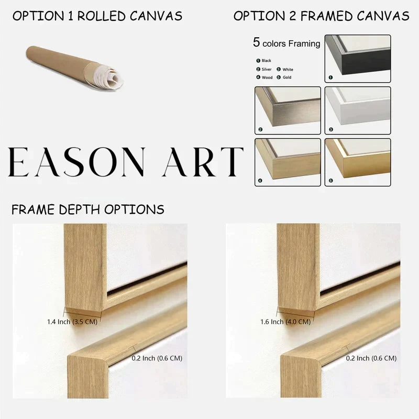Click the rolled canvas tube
coord(74,68)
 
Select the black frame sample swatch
coord(358,59)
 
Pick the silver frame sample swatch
coord(288,111)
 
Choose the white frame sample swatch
coord(358,111)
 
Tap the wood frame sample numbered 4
coord(288,162)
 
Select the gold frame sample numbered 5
coord(358,162)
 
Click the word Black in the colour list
coord(267,61)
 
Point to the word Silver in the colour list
coord(267,69)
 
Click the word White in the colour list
coord(288,70)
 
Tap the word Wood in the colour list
coord(267,78)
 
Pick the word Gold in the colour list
coord(287,77)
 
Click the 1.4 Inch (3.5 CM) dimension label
coord(72,322)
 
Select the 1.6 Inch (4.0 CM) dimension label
coord(285,322)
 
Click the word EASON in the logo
coord(76,162)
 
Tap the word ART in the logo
coord(203,162)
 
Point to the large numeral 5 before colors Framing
coord(257,42)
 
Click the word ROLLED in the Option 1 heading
coord(102,16)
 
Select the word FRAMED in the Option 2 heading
coord(326,16)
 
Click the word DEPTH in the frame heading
coord(80,210)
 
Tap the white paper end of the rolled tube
coord(109,76)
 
